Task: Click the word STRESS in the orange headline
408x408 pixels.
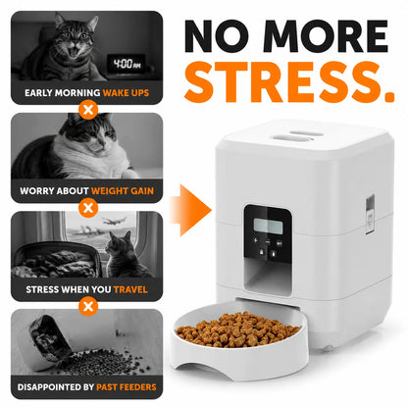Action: [280, 82]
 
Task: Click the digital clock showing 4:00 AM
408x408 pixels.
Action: [127, 64]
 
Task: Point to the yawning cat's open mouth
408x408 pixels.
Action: [75, 52]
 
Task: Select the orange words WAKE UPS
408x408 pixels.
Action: [126, 93]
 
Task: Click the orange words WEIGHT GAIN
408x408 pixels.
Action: [123, 191]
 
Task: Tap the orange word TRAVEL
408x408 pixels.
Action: [130, 289]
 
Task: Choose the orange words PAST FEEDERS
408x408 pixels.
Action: [127, 387]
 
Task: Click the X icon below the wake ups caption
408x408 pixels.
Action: [88, 110]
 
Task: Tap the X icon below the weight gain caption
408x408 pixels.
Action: [88, 208]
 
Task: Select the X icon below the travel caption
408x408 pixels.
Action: [88, 306]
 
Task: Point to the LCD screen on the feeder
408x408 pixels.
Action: [268, 227]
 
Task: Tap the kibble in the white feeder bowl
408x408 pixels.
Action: [237, 330]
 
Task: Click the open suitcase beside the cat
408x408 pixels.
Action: [57, 259]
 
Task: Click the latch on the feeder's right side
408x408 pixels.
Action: [370, 215]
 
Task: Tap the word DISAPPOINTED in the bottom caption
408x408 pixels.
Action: [49, 387]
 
